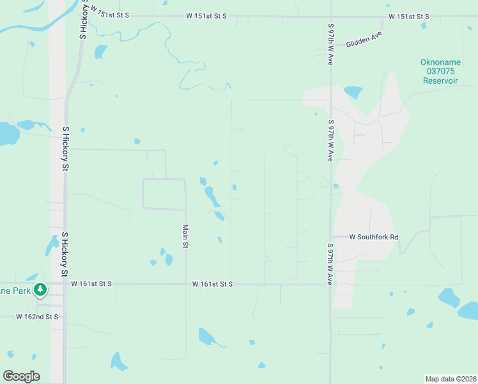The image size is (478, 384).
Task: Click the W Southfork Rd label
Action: [374, 237]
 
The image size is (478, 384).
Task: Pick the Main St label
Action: [185, 237]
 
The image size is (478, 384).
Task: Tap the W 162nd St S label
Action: [37, 317]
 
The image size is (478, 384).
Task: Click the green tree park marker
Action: [40, 290]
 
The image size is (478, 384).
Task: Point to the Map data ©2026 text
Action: [450, 378]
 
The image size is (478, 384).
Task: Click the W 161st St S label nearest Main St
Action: [213, 284]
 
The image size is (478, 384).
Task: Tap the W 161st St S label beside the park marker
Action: [91, 284]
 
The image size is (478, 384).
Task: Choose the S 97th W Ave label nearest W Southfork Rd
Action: [330, 264]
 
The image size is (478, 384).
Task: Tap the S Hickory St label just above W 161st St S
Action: [65, 254]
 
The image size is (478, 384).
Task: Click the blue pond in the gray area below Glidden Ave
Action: [353, 92]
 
